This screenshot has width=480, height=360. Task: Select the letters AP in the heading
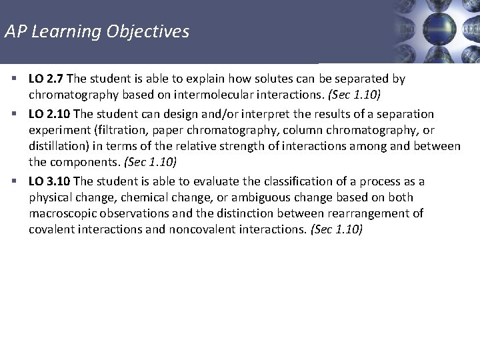tap(14, 31)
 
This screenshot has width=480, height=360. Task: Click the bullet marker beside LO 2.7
tap(15, 79)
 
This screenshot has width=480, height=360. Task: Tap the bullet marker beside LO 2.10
tap(15, 114)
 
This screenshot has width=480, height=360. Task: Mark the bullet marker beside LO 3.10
tap(15, 182)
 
